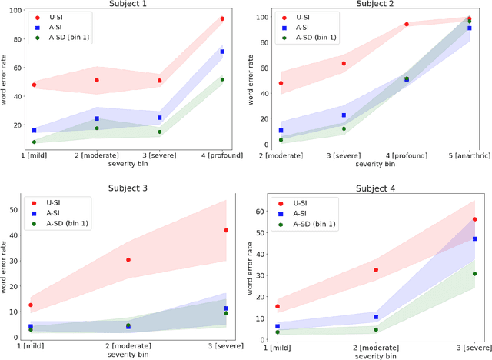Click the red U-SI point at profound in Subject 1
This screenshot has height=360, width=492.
222,18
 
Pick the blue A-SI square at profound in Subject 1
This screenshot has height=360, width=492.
222,52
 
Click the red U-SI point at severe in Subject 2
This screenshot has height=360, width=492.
344,64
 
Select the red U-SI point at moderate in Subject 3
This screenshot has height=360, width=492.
128,260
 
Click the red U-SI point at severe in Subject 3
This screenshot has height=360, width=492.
225,230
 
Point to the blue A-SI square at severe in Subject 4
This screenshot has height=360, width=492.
474,238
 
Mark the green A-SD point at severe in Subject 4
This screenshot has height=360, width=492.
474,274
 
